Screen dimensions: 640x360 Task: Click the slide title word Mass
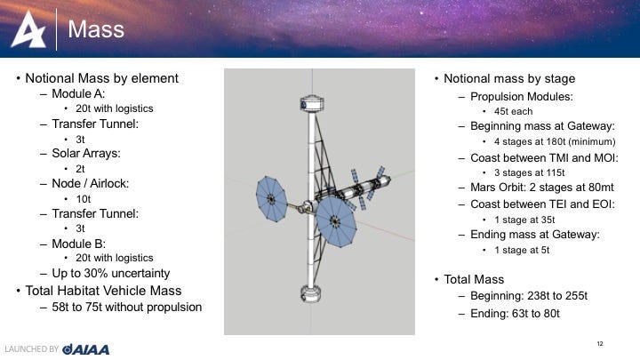click(x=96, y=29)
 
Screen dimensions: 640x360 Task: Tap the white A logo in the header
click(x=28, y=29)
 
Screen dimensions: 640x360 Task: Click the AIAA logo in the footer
click(x=85, y=349)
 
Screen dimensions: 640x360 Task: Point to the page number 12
click(x=600, y=344)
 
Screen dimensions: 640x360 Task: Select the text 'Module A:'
click(x=78, y=94)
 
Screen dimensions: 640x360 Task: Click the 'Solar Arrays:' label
click(x=86, y=154)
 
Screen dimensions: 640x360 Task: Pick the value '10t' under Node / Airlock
click(x=84, y=199)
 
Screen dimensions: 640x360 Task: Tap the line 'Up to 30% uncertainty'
click(x=110, y=274)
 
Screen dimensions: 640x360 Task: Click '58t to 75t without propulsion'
click(x=126, y=307)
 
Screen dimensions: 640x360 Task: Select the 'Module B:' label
click(x=79, y=244)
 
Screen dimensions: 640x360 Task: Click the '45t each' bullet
click(x=513, y=111)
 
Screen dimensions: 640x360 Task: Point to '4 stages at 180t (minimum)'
click(x=555, y=141)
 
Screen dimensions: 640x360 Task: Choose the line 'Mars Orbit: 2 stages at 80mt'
click(x=542, y=188)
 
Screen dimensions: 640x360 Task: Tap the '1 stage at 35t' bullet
click(x=524, y=220)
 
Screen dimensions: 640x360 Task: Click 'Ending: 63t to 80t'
click(x=515, y=314)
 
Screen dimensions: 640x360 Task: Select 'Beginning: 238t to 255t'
click(x=529, y=296)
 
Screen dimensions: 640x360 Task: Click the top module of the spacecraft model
click(x=312, y=103)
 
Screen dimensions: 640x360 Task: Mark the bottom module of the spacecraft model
click(x=310, y=294)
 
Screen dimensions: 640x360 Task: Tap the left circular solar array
click(x=271, y=199)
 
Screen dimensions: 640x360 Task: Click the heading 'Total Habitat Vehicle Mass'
click(x=103, y=291)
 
